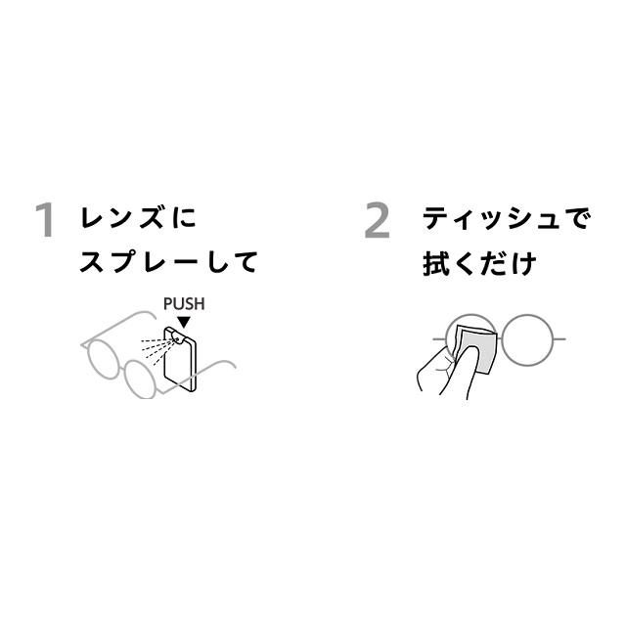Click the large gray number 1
point(46,220)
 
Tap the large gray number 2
point(378,220)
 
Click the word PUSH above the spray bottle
point(184,304)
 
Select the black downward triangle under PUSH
point(184,322)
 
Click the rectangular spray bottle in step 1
point(180,359)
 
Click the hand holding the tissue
point(446,371)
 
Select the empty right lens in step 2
point(528,339)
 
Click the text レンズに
point(138,217)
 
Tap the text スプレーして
point(168,262)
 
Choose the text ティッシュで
point(506,218)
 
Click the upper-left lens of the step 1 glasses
point(103,359)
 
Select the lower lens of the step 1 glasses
point(140,379)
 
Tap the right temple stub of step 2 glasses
point(560,339)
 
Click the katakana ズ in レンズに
point(153,217)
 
